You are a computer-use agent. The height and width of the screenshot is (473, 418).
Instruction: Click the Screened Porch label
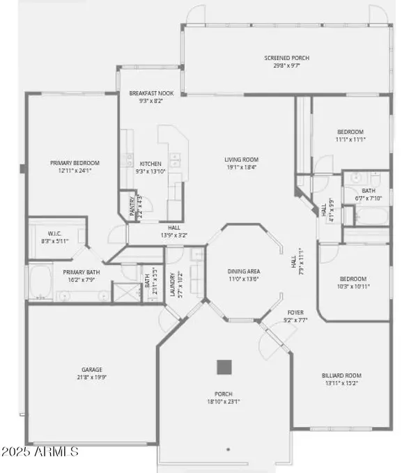pyautogui.click(x=286, y=58)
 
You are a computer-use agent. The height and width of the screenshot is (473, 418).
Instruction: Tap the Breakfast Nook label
pyautogui.click(x=146, y=93)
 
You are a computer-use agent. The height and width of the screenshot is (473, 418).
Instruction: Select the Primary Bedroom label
pyautogui.click(x=72, y=163)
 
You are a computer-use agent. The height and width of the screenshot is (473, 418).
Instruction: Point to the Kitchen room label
pyautogui.click(x=150, y=164)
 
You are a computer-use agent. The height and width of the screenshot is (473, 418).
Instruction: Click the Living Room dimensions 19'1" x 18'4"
pyautogui.click(x=241, y=167)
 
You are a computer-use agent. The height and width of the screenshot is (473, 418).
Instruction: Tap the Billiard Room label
pyautogui.click(x=341, y=375)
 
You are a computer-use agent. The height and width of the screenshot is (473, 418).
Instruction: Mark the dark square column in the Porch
pyautogui.click(x=224, y=366)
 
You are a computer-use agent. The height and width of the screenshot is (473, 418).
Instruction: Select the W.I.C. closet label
pyautogui.click(x=55, y=233)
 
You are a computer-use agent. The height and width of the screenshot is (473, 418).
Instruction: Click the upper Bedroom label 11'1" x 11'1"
pyautogui.click(x=350, y=132)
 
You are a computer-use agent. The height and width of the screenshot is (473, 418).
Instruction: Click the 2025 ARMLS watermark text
pyautogui.click(x=40, y=452)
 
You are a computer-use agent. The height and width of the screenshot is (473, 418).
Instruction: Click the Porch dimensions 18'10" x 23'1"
pyautogui.click(x=224, y=402)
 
